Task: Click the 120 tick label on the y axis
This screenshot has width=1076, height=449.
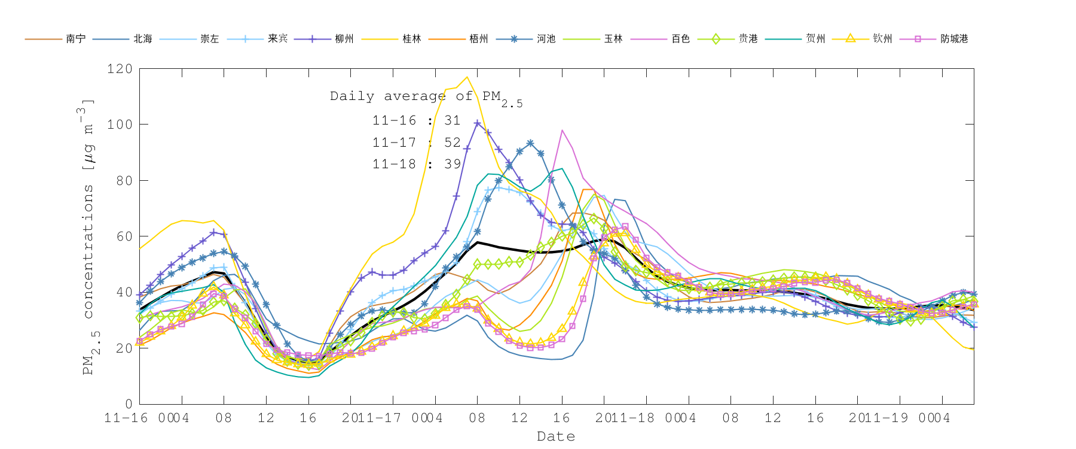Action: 120,69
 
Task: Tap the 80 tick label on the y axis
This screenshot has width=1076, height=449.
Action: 124,180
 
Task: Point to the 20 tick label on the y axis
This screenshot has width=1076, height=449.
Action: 124,348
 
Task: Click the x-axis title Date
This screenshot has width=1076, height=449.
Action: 556,436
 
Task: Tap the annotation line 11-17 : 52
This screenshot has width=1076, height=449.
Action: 417,142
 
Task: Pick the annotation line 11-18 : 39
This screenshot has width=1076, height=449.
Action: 417,164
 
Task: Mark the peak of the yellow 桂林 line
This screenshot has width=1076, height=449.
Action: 467,77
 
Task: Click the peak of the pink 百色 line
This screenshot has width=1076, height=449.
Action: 562,130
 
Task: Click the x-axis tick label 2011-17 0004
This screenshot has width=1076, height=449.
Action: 392,418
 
